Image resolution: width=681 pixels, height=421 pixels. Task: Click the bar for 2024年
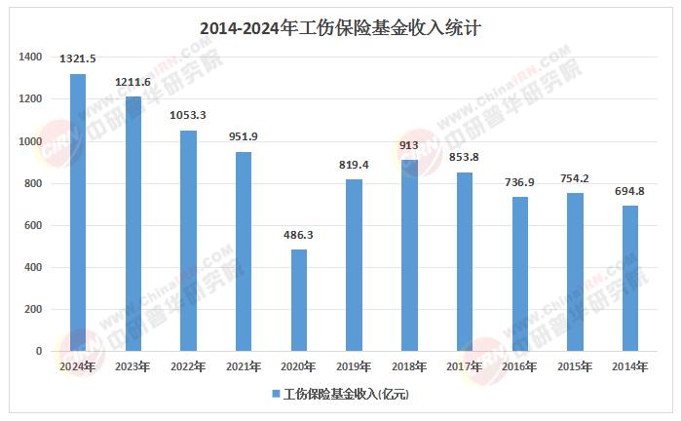tap(77, 212)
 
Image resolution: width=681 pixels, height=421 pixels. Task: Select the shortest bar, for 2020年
tap(299, 300)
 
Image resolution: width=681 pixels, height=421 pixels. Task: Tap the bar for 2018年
tap(409, 255)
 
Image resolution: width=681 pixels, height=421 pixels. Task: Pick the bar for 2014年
tap(630, 278)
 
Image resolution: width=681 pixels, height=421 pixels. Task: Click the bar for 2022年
tap(188, 241)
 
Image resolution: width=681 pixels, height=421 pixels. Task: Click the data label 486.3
tap(299, 235)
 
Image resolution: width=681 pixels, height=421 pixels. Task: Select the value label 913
tap(409, 145)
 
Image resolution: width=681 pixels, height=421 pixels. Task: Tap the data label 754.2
tap(576, 178)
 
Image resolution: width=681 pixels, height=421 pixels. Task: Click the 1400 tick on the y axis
tap(30, 57)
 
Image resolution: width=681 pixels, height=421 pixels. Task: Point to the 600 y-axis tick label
tap(33, 225)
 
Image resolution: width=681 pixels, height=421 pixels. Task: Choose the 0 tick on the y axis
tap(39, 351)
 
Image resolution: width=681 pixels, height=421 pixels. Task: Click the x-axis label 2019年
tap(355, 366)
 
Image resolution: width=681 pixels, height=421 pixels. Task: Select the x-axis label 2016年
tap(520, 366)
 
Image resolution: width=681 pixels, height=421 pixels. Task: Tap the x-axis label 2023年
tap(132, 366)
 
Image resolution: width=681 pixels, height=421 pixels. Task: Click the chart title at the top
tap(339, 29)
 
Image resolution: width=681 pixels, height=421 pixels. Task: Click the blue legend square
tap(275, 395)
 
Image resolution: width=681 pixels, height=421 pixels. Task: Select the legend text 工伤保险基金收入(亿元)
tap(345, 395)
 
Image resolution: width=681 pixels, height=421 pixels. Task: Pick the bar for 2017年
tap(465, 261)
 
